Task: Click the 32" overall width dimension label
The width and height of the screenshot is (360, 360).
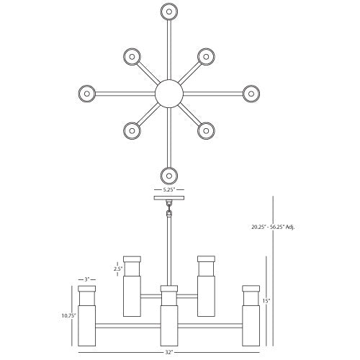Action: point(169,352)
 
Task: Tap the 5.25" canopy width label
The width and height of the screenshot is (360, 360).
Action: point(169,189)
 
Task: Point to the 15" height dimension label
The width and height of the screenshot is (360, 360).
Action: point(266,301)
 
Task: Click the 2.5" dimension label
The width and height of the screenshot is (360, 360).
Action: point(118,269)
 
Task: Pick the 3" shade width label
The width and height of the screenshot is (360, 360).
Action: point(87,279)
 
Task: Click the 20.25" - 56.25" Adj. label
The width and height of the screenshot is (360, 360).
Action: point(273,227)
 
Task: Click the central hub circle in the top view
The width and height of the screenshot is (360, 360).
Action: point(169,94)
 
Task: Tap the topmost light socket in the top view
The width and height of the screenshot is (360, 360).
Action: point(169,12)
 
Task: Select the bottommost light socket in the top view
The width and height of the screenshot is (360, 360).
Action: point(169,176)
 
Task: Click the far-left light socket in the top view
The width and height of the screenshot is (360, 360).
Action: point(87,94)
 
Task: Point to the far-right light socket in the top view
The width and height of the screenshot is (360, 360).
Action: point(251,94)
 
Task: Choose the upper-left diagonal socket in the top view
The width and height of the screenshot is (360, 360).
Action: point(132,57)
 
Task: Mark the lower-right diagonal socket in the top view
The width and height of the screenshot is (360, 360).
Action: point(206,130)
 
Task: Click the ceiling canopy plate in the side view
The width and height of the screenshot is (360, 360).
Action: point(169,198)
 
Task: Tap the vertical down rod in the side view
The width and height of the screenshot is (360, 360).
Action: point(169,251)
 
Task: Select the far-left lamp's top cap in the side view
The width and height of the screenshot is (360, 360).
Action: point(87,289)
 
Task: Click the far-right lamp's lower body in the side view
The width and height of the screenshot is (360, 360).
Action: point(251,325)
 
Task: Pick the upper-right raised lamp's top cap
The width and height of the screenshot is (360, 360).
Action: point(206,259)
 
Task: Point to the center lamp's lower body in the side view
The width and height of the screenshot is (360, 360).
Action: point(169,325)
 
